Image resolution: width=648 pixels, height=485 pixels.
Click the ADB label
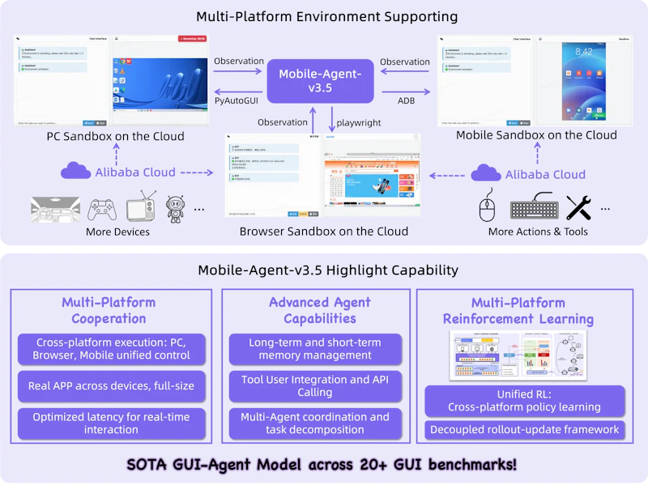[x=406, y=100]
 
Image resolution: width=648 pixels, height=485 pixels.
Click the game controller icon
[x=101, y=209]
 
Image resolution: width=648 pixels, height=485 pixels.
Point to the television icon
[x=143, y=207]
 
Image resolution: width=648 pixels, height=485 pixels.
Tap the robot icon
[x=176, y=209]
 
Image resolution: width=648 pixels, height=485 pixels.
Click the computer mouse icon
[x=487, y=207]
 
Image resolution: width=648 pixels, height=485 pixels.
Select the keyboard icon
[x=534, y=209]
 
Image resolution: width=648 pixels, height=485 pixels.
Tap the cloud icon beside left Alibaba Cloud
[x=75, y=172]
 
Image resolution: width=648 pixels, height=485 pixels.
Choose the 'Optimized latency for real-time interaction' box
[x=111, y=423]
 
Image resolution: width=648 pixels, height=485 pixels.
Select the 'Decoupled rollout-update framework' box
[x=525, y=430]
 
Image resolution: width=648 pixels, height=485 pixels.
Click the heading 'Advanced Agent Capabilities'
[x=319, y=310]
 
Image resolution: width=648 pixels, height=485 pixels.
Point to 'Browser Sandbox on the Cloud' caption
[x=323, y=232]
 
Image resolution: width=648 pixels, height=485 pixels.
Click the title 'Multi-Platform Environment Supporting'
[x=327, y=16]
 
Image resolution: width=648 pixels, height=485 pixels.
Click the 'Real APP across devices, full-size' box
[x=111, y=385]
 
